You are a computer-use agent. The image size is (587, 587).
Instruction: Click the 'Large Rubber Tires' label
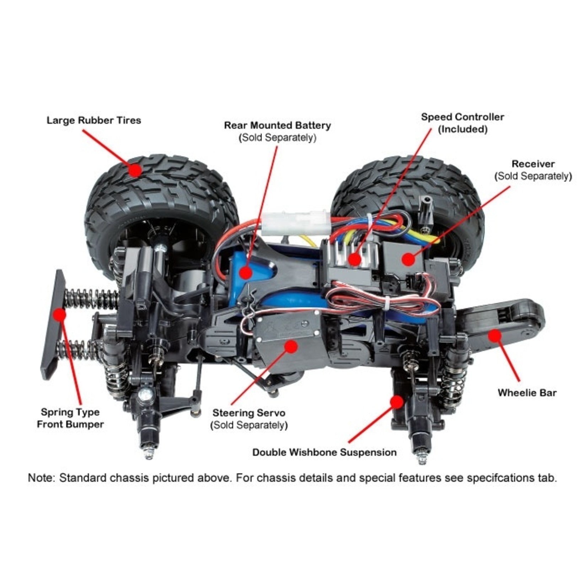(x=94, y=120)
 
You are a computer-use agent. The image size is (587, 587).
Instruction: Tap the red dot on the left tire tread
(x=135, y=170)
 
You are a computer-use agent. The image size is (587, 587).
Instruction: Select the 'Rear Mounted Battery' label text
(x=277, y=125)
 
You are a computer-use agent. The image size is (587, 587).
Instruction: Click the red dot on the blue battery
(x=245, y=273)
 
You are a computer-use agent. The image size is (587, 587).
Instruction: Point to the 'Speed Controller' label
(x=462, y=117)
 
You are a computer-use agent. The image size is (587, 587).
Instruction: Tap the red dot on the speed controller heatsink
(x=354, y=259)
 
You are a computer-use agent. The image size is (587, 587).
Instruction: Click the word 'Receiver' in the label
(x=533, y=164)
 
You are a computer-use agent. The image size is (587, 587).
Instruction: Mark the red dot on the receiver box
(x=408, y=259)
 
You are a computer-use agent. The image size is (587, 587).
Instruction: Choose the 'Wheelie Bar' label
(x=527, y=393)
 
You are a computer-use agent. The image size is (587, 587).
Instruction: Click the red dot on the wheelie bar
(x=494, y=335)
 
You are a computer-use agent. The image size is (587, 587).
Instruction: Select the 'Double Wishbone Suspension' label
(x=324, y=452)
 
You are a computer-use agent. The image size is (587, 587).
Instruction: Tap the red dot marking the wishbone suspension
(x=397, y=402)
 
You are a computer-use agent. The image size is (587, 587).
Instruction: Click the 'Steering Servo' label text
(x=249, y=413)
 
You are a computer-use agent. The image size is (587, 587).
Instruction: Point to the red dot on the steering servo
(x=291, y=346)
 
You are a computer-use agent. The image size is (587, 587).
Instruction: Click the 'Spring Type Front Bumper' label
(x=70, y=418)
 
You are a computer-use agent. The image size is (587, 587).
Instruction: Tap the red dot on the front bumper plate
(x=59, y=314)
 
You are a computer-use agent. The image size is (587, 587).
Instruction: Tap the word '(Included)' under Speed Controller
(x=462, y=129)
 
